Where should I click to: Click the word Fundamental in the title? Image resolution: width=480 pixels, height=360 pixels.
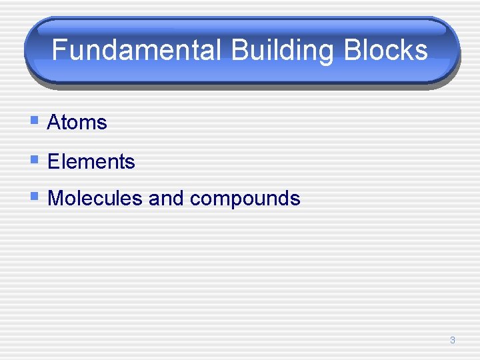pyautogui.click(x=135, y=50)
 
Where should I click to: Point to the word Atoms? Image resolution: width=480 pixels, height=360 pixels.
pyautogui.click(x=77, y=123)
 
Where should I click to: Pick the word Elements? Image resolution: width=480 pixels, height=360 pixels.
pyautogui.click(x=91, y=161)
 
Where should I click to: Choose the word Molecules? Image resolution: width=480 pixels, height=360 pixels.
pyautogui.click(x=95, y=198)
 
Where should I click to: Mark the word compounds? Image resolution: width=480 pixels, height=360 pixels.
pyautogui.click(x=245, y=199)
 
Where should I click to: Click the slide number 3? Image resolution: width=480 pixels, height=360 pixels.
pyautogui.click(x=453, y=340)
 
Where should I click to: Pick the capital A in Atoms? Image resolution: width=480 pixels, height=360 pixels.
pyautogui.click(x=54, y=123)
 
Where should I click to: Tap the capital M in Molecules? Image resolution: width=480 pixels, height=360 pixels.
pyautogui.click(x=55, y=198)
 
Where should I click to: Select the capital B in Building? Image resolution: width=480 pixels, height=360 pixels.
pyautogui.click(x=236, y=50)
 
